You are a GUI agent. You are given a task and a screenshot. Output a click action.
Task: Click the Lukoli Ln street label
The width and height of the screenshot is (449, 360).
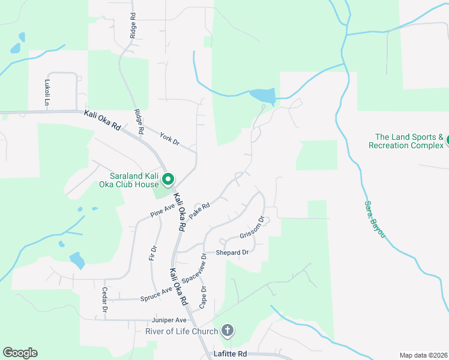(46, 93)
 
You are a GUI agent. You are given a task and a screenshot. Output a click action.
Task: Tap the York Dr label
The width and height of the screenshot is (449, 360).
(170, 139)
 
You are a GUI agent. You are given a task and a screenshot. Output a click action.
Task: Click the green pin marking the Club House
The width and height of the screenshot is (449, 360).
(169, 179)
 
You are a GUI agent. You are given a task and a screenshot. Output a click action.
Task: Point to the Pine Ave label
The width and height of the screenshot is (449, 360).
(162, 210)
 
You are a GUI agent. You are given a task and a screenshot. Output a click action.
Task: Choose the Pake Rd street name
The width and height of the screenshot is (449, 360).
(199, 211)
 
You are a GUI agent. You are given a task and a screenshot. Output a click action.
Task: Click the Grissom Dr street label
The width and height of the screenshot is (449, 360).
(252, 228)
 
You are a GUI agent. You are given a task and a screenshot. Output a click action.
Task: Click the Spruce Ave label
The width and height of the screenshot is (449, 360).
(156, 294)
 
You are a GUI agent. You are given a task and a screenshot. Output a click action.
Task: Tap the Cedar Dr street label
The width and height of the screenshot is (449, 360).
(104, 300)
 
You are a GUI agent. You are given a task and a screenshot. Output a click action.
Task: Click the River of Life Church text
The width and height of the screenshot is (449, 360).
(181, 331)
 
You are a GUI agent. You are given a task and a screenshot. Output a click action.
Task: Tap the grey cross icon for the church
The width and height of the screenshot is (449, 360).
(227, 330)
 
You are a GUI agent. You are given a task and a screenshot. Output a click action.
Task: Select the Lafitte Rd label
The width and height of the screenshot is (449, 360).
(231, 355)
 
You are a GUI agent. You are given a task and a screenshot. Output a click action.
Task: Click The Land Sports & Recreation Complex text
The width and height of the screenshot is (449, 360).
(406, 142)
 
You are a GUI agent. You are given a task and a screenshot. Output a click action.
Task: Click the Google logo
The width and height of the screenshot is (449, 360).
(20, 353)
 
